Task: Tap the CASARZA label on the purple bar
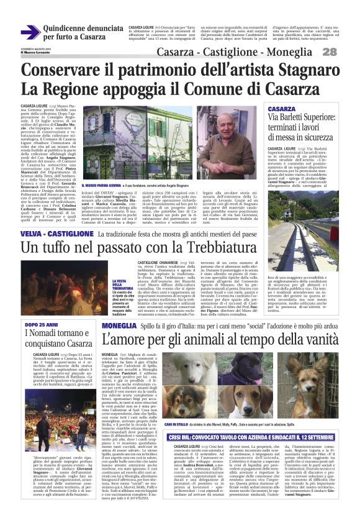pos(282,109)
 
